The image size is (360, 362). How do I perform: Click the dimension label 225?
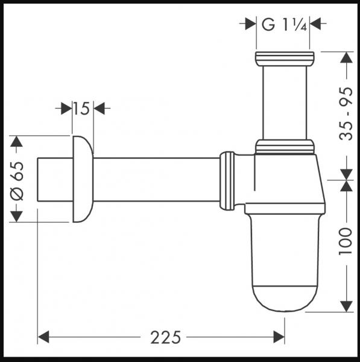[x=161, y=336]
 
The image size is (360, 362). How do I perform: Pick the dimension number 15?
[x=82, y=109]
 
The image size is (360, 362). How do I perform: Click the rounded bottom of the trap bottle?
[x=283, y=299]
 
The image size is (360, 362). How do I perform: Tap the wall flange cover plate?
[x=83, y=179]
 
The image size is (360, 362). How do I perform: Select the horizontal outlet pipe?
[x=157, y=179]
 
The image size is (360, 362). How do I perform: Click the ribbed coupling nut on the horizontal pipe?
[x=227, y=180]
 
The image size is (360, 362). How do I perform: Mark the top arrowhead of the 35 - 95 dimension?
[x=346, y=58]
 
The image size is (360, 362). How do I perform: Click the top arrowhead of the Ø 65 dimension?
[x=17, y=142]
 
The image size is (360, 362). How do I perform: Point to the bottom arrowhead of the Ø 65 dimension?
[x=17, y=215]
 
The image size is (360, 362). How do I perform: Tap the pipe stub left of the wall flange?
[x=55, y=179]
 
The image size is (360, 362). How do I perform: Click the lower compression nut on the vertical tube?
[x=285, y=146]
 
